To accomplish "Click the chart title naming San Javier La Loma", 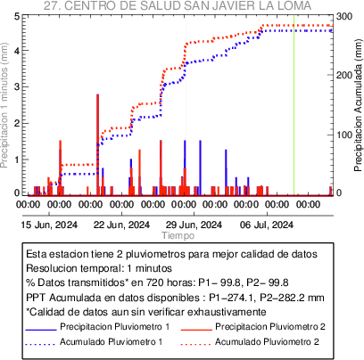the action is (x=178, y=5).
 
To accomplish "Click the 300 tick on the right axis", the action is (x=344, y=16).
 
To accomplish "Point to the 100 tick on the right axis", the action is (x=344, y=135).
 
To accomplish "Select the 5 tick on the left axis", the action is (x=17, y=16).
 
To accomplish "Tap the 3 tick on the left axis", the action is (x=17, y=86).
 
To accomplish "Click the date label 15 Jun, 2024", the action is (x=49, y=225).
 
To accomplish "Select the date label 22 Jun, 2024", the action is (x=121, y=225).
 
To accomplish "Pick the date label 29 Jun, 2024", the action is (x=194, y=225).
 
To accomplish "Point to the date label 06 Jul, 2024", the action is (x=267, y=225).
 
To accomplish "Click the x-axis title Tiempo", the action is (x=178, y=235).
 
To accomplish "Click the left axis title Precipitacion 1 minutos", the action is (x=4, y=105).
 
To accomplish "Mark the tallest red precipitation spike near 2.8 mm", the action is (x=97, y=144).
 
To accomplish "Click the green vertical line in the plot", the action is (x=294, y=106).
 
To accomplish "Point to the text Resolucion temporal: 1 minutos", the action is (x=99, y=268).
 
